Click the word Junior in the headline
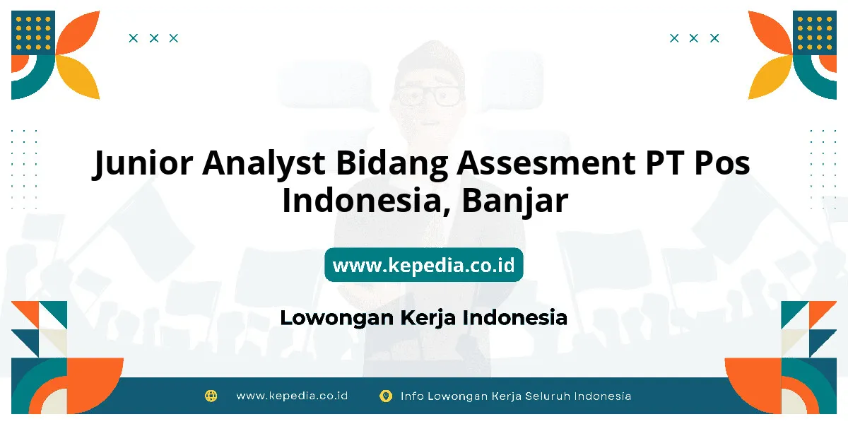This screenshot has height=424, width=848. coord(143,163)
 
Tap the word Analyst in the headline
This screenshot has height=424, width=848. coord(264,163)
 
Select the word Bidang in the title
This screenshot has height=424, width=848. coord(391,163)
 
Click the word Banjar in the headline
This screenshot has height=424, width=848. coord(515,201)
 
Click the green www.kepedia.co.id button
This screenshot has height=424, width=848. coord(423,264)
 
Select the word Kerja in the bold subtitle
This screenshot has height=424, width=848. coord(428,317)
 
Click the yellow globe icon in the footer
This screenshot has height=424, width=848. coord(211,396)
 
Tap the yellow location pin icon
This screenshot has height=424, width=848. coord(386,396)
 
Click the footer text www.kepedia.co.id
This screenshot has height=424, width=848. coord(292,396)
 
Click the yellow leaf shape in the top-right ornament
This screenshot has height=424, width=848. coord(770,77)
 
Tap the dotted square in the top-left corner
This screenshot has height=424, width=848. coord(33,33)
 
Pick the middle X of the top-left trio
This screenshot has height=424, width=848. coord(154,38)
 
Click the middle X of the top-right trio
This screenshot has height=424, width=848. coord(693,38)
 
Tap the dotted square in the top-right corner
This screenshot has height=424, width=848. coord(815,33)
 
